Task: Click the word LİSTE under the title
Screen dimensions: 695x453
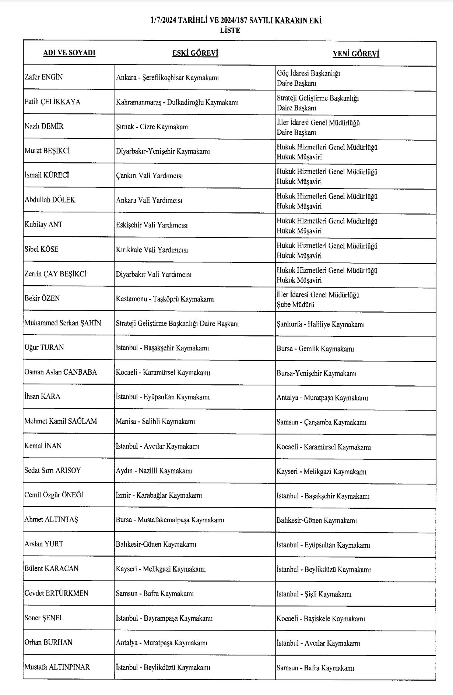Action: click(x=230, y=31)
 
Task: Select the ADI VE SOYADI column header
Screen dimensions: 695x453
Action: click(x=69, y=53)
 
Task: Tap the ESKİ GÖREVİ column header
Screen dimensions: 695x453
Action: click(x=195, y=53)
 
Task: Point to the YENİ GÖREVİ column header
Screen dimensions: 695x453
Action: click(x=356, y=54)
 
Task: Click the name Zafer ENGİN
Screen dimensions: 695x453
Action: click(x=43, y=77)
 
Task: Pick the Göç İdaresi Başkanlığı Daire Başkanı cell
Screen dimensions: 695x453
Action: click(x=309, y=78)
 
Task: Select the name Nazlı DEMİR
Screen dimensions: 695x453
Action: click(x=44, y=127)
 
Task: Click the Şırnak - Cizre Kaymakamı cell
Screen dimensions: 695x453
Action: click(x=153, y=127)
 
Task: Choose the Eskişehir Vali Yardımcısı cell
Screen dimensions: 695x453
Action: click(x=152, y=225)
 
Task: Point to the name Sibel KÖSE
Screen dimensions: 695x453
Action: click(x=41, y=250)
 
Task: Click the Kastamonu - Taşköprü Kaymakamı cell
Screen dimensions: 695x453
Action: click(x=165, y=299)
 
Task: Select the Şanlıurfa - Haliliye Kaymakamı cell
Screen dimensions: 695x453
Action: click(x=320, y=324)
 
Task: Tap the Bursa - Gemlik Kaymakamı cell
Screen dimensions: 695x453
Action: click(x=315, y=349)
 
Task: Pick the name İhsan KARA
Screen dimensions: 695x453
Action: click(x=42, y=397)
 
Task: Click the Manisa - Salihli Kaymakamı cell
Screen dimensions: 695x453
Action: click(x=155, y=422)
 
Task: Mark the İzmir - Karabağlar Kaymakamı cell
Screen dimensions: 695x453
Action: click(x=159, y=495)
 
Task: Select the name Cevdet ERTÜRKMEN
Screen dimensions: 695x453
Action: click(x=56, y=593)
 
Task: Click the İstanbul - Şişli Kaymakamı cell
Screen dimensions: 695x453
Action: click(x=314, y=594)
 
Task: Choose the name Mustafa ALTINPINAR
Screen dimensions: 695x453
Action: click(x=57, y=667)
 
